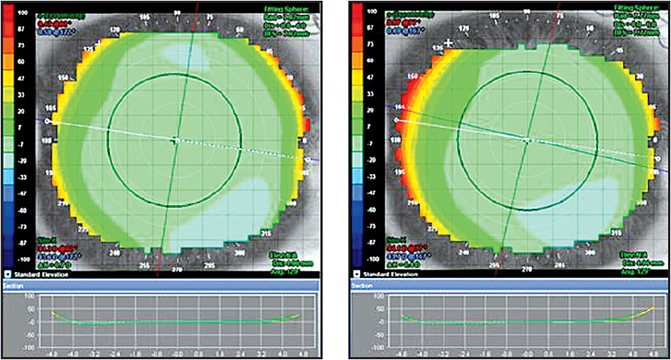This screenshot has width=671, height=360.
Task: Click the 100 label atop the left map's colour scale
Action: [22, 13]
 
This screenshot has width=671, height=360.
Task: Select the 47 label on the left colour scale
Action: [22, 77]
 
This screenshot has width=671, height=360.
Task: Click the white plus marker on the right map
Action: [449, 44]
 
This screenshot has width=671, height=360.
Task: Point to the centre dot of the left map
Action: [175, 140]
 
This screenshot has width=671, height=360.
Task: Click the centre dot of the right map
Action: [527, 140]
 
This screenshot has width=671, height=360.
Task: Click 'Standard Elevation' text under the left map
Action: [40, 276]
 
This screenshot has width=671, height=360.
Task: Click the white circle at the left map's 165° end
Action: [48, 120]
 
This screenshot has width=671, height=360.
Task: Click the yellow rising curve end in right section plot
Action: [651, 308]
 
